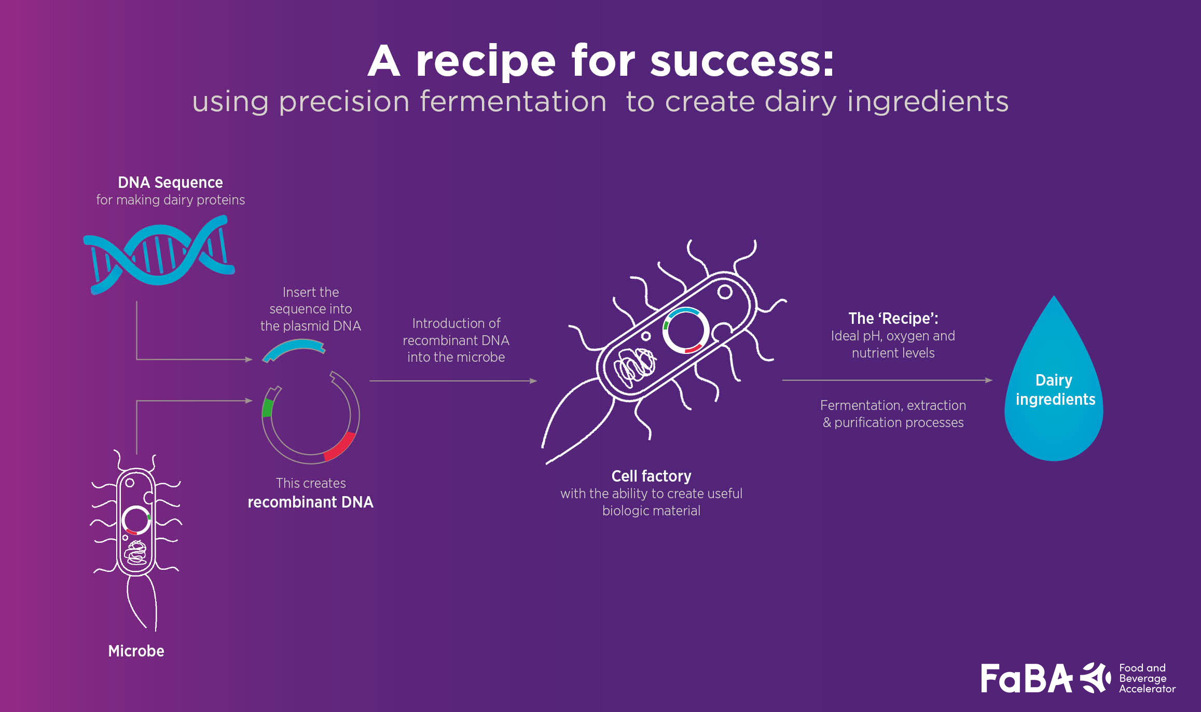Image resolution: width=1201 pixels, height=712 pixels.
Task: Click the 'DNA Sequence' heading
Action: tap(170, 183)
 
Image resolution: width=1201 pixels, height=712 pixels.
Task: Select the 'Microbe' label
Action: tap(136, 651)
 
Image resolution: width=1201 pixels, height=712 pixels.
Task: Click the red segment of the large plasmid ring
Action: tap(340, 447)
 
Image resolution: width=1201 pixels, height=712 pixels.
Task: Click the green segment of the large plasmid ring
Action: tap(267, 408)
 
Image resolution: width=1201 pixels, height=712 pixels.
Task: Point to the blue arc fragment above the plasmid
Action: tap(293, 348)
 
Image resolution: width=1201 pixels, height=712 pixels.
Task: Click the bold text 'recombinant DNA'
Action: tap(310, 502)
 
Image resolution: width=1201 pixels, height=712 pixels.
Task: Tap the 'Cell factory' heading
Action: tap(651, 476)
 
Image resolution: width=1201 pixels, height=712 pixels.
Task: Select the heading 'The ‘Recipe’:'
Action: tap(893, 318)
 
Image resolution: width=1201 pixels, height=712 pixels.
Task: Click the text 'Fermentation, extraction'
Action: tap(893, 405)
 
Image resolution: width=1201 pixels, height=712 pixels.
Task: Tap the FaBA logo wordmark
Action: tap(1026, 679)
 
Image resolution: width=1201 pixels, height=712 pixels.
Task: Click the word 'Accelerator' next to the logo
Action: tap(1147, 689)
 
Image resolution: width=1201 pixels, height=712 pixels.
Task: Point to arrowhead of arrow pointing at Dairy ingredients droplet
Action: tap(989, 380)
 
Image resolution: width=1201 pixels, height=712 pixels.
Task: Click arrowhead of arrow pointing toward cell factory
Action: tap(533, 381)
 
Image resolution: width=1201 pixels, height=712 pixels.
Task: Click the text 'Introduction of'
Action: tap(456, 323)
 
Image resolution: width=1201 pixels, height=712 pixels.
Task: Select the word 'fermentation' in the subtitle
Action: tap(513, 101)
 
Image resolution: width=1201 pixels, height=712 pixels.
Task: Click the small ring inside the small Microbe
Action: tap(136, 520)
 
